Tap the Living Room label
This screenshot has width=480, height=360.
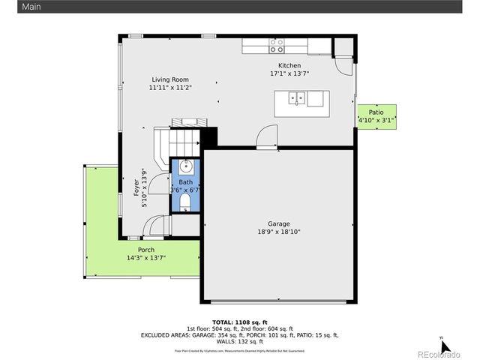[170, 79]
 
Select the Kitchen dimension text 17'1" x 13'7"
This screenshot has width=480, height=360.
[289, 74]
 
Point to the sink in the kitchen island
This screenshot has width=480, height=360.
[298, 97]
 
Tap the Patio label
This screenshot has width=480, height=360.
[376, 112]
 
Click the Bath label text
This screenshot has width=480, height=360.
[185, 182]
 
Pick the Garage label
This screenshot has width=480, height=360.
[279, 223]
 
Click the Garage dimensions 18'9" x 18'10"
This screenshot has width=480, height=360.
[279, 232]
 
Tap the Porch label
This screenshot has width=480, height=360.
[146, 250]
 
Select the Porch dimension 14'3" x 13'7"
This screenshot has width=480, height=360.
[146, 258]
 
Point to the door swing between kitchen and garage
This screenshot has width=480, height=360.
[266, 137]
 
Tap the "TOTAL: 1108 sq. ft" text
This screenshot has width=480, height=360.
[240, 321]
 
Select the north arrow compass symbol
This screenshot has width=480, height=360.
[444, 346]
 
